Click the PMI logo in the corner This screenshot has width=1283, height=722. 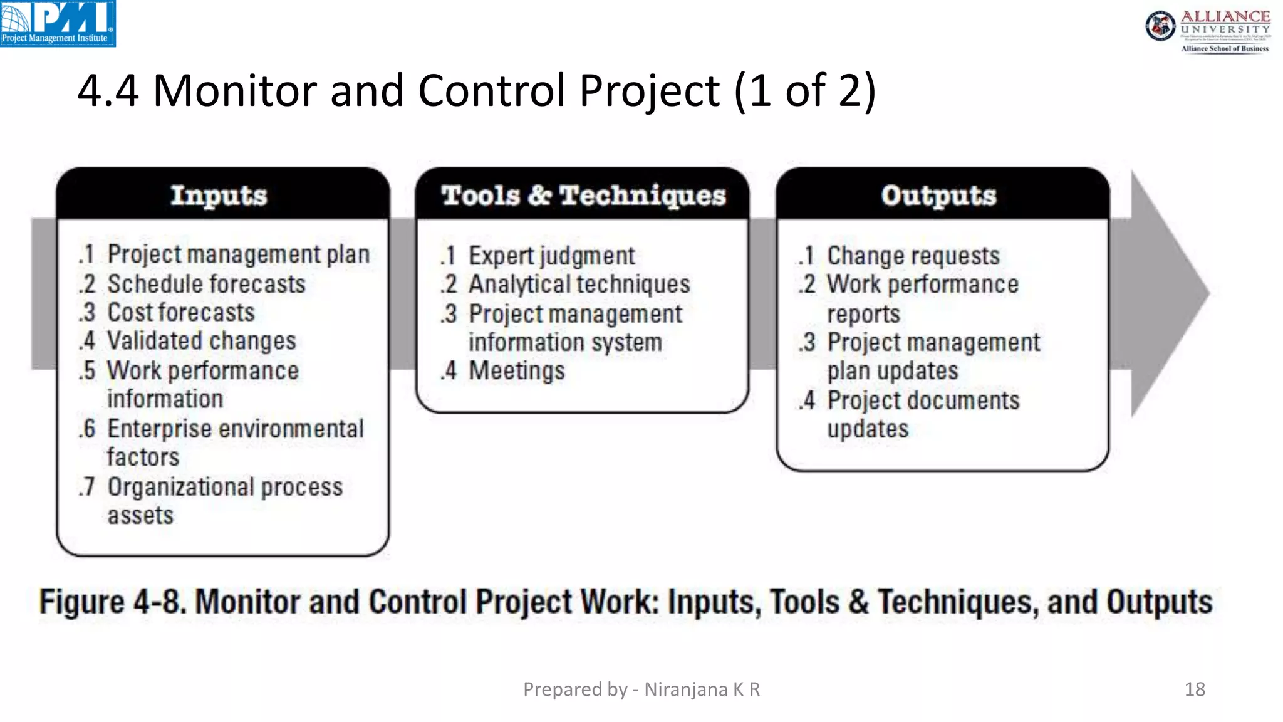(58, 23)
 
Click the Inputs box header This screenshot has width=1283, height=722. (219, 196)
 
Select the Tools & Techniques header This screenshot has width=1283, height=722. (583, 196)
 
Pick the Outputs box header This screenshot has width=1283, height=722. (938, 196)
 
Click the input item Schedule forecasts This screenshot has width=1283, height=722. (206, 285)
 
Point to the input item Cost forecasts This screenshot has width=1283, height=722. (181, 313)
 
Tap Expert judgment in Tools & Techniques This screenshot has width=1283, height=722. (551, 256)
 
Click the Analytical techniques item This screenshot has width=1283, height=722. (579, 285)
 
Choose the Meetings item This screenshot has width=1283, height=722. (516, 371)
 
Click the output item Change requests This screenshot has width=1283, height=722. (913, 256)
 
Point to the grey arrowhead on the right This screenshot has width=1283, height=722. (1168, 293)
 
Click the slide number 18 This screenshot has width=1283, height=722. (1195, 689)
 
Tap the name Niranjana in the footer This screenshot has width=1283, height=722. (686, 689)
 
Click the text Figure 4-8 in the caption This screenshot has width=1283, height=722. (113, 602)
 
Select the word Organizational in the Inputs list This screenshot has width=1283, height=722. (180, 488)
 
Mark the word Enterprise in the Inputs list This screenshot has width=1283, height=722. (159, 429)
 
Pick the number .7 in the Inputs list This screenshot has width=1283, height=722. (87, 488)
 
